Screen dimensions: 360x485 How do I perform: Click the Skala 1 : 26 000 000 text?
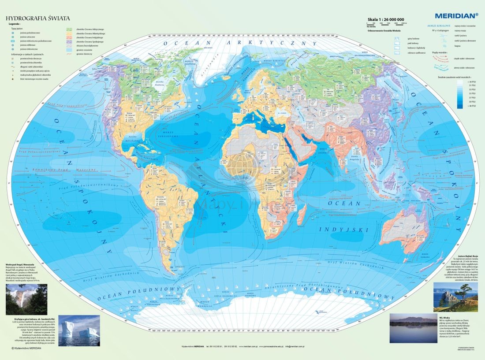[386, 19]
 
